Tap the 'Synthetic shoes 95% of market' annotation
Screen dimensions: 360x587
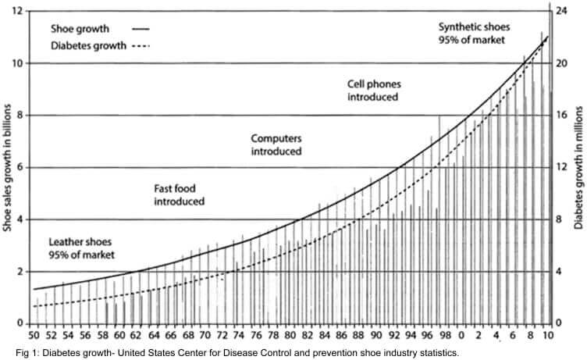coord(472,32)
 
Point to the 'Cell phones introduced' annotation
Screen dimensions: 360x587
coord(373,91)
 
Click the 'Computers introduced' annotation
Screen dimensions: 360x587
coord(276,144)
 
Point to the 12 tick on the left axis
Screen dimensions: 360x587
coord(17,11)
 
